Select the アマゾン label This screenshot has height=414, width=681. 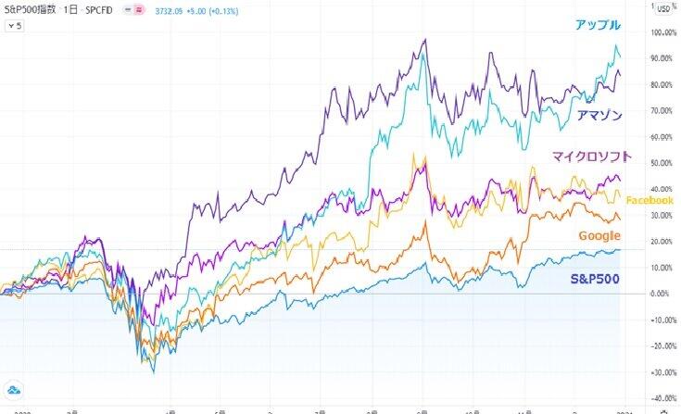pyautogui.click(x=599, y=115)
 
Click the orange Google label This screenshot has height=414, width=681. pyautogui.click(x=599, y=236)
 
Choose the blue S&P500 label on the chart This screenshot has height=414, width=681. pyautogui.click(x=595, y=278)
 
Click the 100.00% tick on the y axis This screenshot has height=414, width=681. pyautogui.click(x=662, y=32)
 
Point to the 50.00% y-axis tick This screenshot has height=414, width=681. pyautogui.click(x=662, y=163)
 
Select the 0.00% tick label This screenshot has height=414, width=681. pyautogui.click(x=662, y=294)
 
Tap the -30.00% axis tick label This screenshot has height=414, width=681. pyautogui.click(x=662, y=373)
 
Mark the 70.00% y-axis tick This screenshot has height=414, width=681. pyautogui.click(x=662, y=111)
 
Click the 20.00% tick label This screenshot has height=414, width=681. pyautogui.click(x=662, y=242)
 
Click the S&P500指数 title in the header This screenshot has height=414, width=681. pyautogui.click(x=30, y=8)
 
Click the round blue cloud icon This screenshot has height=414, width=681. pyautogui.click(x=15, y=389)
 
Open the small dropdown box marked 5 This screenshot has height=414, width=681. pyautogui.click(x=16, y=25)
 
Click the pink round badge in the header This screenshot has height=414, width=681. pyautogui.click(x=140, y=8)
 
